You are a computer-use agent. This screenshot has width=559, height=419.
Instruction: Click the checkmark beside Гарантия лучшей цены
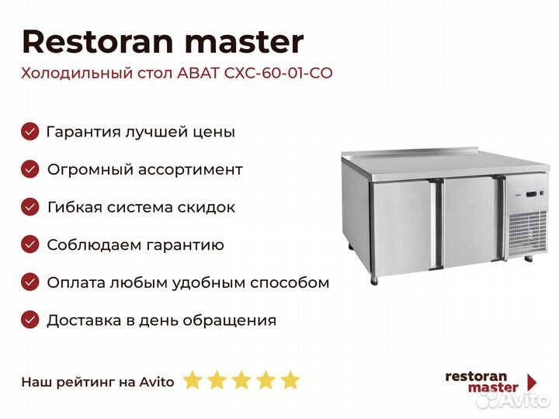click(x=30, y=132)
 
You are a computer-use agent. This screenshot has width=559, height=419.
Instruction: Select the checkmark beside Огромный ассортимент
click(x=30, y=169)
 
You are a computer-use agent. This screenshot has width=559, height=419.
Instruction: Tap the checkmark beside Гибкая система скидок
click(x=30, y=207)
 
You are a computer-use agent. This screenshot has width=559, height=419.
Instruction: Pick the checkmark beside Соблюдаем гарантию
click(x=30, y=245)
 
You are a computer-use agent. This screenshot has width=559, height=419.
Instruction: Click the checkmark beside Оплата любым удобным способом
click(x=30, y=282)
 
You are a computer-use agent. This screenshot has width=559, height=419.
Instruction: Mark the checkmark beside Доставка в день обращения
click(x=30, y=320)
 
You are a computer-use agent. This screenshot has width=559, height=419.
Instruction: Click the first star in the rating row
click(x=192, y=380)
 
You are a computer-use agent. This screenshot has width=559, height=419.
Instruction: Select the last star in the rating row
click(x=290, y=380)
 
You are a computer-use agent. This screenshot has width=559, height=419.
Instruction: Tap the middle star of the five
click(x=241, y=380)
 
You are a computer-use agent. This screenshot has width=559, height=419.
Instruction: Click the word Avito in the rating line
click(x=158, y=382)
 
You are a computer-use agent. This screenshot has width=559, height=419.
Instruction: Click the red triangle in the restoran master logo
click(x=532, y=382)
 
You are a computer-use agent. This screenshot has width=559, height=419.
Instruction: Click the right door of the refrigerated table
click(x=469, y=221)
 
